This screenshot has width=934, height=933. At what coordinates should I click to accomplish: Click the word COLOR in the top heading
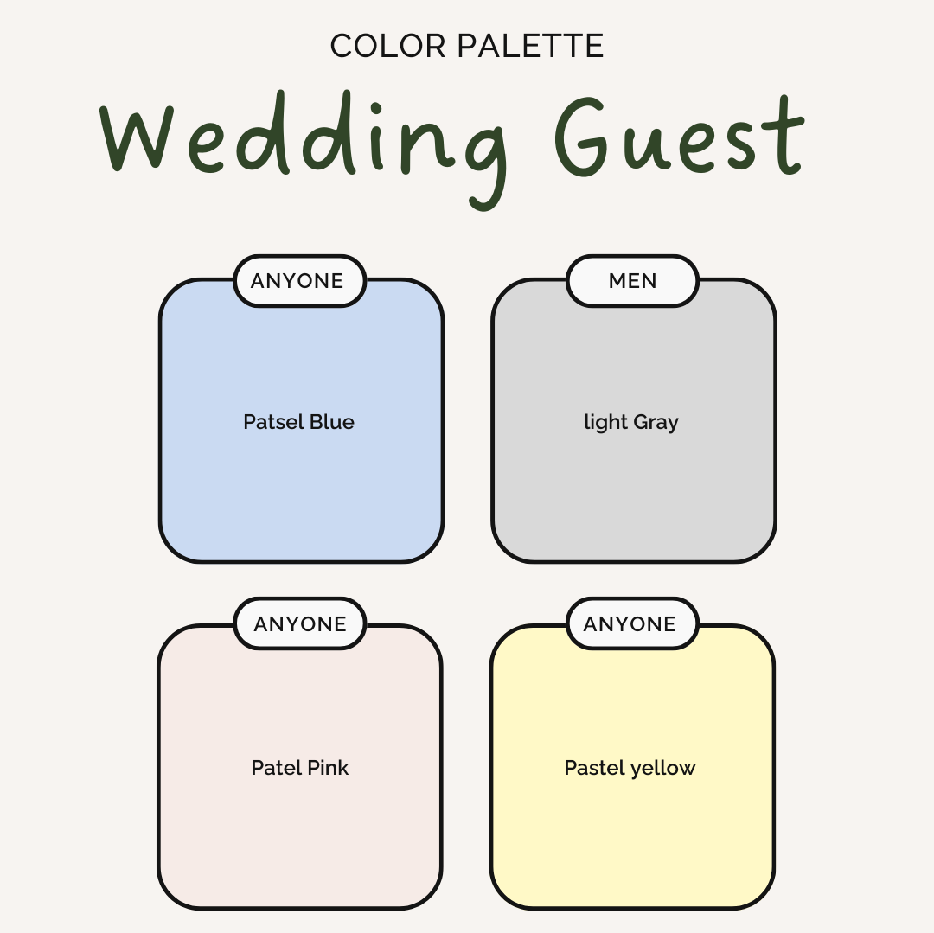[x=387, y=46]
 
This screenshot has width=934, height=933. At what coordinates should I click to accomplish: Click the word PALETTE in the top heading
[x=531, y=46]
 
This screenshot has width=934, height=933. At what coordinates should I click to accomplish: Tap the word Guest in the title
[x=680, y=136]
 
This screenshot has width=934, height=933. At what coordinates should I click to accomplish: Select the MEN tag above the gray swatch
[x=632, y=281]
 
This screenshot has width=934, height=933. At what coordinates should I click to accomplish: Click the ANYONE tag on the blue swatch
[x=299, y=281]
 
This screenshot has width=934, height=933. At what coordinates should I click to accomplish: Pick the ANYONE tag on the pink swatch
[x=299, y=623]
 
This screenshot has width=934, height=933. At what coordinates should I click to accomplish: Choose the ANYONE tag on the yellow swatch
[x=632, y=623]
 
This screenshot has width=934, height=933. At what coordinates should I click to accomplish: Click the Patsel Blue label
[x=298, y=422]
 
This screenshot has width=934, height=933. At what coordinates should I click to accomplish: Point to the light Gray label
[x=630, y=423]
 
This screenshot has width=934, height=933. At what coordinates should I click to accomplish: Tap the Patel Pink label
[x=299, y=768]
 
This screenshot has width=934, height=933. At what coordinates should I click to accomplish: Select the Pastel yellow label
[x=630, y=769]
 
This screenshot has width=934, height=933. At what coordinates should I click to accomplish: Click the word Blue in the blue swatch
[x=332, y=422]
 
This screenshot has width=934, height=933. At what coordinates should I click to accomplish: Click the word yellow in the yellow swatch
[x=663, y=769]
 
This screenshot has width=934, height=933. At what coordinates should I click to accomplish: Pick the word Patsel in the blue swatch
[x=273, y=422]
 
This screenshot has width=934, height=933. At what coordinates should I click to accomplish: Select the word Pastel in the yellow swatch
[x=594, y=768]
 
